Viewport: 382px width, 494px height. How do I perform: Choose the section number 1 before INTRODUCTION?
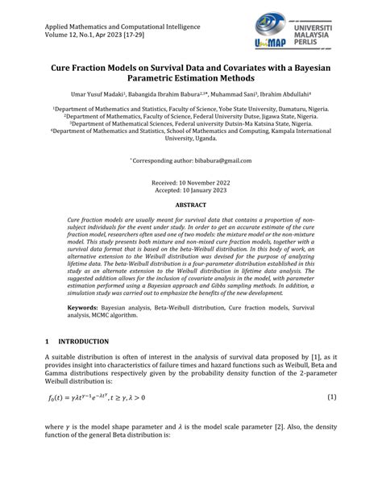48,342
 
